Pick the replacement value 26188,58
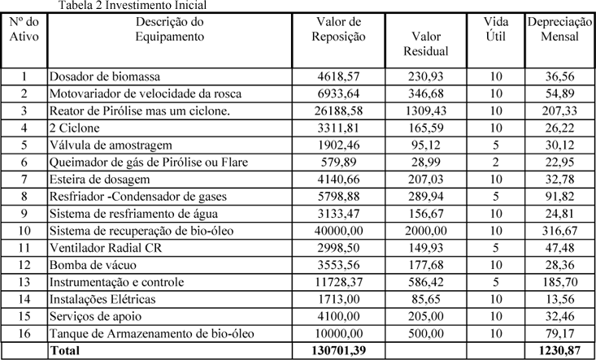click(x=339, y=111)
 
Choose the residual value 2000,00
click(x=427, y=230)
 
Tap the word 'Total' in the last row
click(x=68, y=350)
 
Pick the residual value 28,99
click(x=427, y=163)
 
